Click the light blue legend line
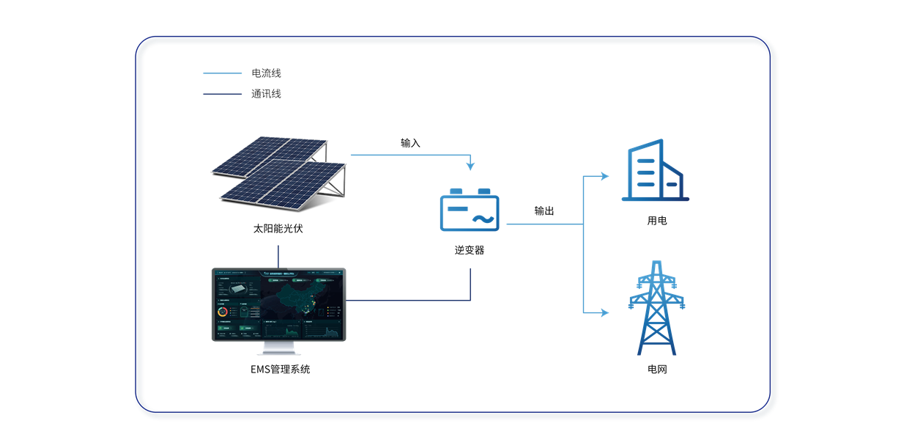[x=222, y=73]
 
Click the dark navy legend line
[x=222, y=94]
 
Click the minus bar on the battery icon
[x=457, y=208]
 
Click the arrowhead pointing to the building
[x=604, y=176]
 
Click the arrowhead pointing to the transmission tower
[x=604, y=312]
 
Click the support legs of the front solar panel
[x=336, y=187]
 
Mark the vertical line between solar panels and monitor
[x=278, y=256]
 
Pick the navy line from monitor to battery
[x=410, y=300]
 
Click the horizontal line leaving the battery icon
[x=542, y=224]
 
